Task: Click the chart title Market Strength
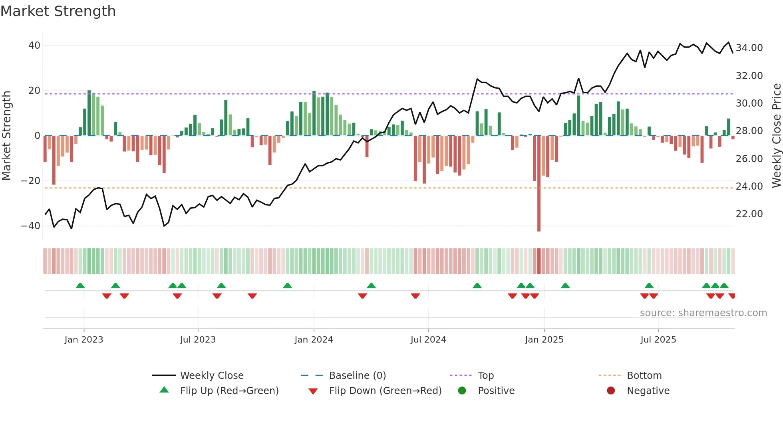(58, 11)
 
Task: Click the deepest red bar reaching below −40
(539, 200)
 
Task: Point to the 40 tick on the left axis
(34, 46)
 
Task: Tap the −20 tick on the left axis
(31, 181)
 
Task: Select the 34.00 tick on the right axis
(749, 48)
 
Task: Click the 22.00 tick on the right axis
(749, 214)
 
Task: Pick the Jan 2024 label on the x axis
(314, 340)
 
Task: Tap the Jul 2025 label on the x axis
(658, 340)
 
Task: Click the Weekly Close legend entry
(211, 376)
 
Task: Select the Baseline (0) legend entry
(357, 376)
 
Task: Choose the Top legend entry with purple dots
(485, 376)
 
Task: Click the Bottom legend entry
(644, 376)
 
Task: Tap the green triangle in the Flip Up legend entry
(164, 390)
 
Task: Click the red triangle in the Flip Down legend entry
(313, 391)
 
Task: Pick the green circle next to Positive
(462, 390)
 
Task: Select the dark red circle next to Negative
(611, 390)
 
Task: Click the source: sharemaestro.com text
(703, 313)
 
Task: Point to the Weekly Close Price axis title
(776, 136)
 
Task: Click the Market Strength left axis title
(7, 136)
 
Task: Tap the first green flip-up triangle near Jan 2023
(80, 286)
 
